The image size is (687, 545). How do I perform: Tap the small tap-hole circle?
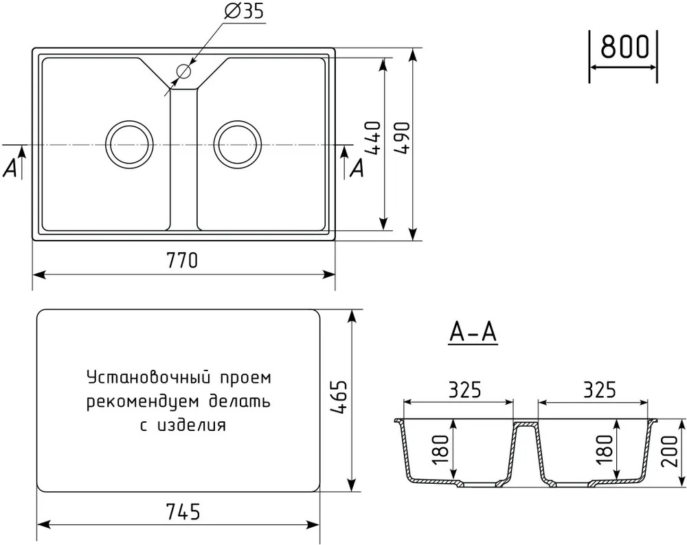184,71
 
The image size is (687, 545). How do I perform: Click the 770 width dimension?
182,260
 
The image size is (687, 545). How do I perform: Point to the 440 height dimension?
372,137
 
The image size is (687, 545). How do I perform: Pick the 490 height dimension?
402,137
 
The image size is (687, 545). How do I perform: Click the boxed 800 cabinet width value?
624,47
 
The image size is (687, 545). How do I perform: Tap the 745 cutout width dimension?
183,511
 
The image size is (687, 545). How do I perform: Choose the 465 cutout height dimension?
339,397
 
